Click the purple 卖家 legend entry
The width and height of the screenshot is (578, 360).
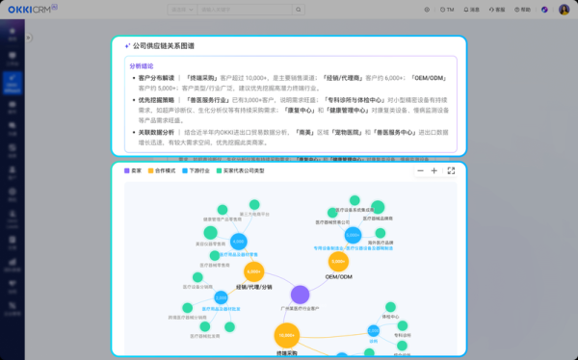(133, 170)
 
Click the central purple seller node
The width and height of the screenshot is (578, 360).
(300, 295)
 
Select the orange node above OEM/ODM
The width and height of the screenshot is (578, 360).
(338, 261)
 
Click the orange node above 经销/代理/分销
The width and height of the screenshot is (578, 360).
(253, 272)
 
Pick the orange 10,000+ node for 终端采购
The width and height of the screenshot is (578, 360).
(285, 335)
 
